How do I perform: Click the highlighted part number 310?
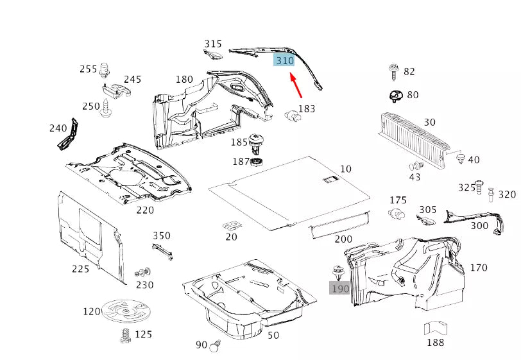[x=284, y=60]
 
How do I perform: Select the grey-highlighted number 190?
[x=340, y=288]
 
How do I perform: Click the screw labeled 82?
[x=393, y=72]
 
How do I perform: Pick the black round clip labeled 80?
[x=395, y=96]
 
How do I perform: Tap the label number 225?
[x=80, y=269]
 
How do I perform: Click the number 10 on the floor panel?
[x=346, y=169]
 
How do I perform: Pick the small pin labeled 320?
[x=491, y=194]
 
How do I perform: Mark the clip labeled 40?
[x=459, y=159]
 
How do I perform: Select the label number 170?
[x=479, y=268]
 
